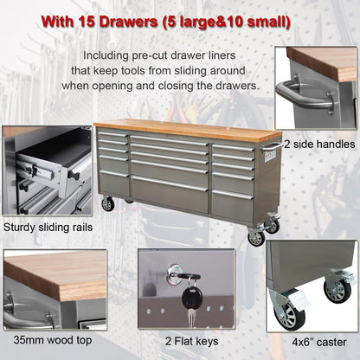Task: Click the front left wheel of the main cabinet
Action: coord(107,204)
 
